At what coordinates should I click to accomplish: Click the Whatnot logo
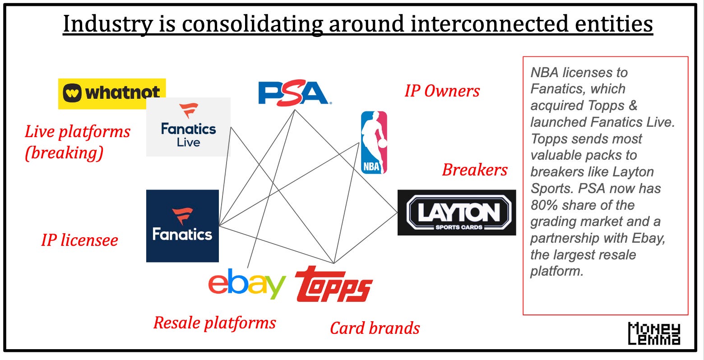[x=111, y=93]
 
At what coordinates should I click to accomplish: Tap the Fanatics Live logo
[x=188, y=127]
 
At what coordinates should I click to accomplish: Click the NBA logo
[x=374, y=143]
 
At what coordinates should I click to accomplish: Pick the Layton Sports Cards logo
[x=457, y=212]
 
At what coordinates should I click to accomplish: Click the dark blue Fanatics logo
[x=182, y=226]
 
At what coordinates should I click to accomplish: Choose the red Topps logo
[x=333, y=284]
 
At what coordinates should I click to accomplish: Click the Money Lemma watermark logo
[x=654, y=334]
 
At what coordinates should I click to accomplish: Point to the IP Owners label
[x=442, y=91]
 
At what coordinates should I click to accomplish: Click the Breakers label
[x=475, y=170]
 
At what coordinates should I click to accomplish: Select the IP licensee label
[x=79, y=240]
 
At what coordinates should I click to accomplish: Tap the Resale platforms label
[x=214, y=323]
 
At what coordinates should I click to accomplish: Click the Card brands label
[x=375, y=328]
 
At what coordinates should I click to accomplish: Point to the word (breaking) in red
[x=64, y=153]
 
